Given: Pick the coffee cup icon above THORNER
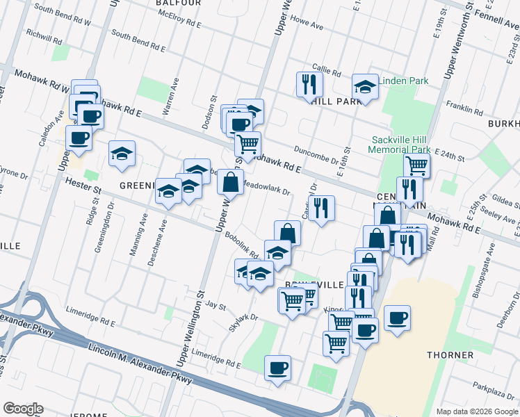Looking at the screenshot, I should (397, 319).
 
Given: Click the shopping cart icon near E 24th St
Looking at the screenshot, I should (416, 166).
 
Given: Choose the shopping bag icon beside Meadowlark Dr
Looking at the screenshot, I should (230, 183).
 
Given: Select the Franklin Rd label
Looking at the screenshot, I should (465, 109).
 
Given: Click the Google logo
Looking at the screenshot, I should (23, 409).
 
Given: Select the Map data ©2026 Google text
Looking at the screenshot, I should (476, 411).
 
